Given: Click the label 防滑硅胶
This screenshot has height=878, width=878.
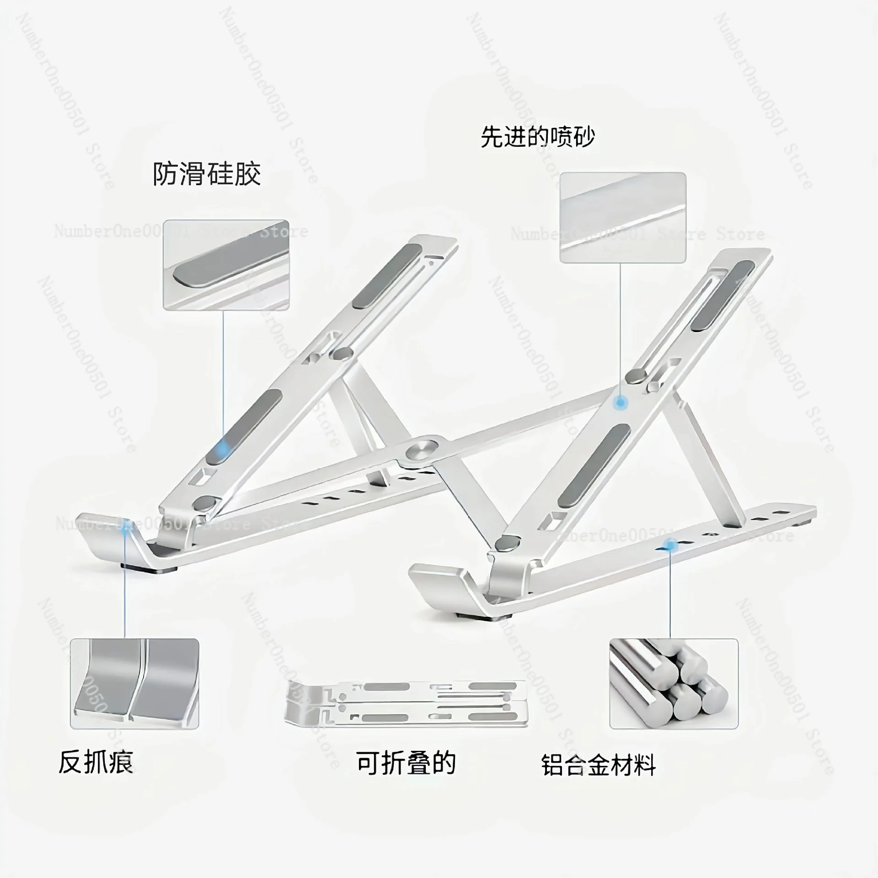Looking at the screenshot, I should point(207,174).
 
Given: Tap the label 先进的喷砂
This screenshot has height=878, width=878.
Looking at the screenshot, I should point(537,137).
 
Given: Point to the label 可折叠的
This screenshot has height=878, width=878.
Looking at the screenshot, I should point(406,762).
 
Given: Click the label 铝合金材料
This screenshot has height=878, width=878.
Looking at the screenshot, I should point(599,765).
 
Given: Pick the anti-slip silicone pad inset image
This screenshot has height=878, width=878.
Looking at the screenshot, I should point(226,265).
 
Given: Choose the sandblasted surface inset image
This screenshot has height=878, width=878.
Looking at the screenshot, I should point(623,217).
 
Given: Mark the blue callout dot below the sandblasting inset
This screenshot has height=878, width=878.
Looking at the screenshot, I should point(620,402).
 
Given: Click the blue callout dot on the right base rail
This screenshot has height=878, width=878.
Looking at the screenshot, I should point(670,544).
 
